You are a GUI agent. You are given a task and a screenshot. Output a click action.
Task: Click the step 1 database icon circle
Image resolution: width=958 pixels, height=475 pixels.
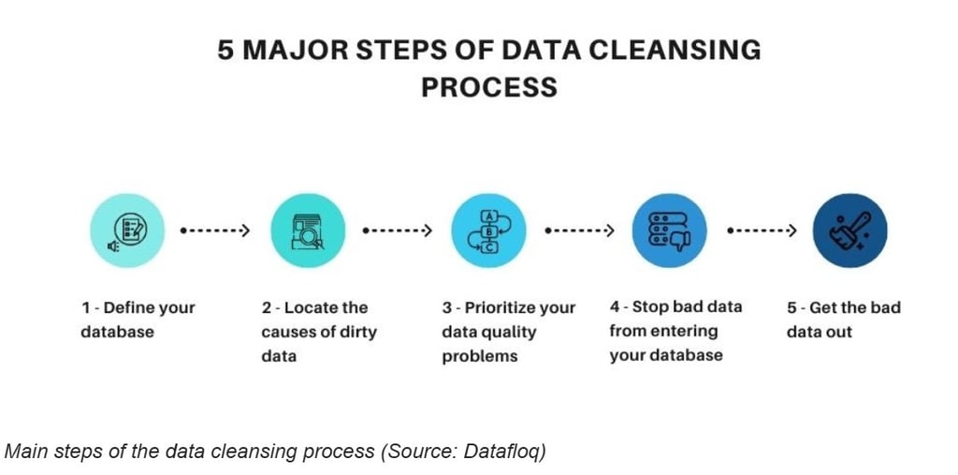[x=127, y=231]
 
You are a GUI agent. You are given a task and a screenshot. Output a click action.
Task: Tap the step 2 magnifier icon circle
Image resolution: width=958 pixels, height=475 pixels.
[x=308, y=231]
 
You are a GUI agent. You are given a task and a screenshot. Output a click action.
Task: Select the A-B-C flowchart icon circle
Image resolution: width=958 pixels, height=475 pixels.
[x=488, y=231]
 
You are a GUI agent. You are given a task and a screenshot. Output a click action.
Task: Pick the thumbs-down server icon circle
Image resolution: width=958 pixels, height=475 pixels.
[x=669, y=231]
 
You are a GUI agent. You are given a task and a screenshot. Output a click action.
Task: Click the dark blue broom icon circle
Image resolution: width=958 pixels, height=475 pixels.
[x=849, y=231]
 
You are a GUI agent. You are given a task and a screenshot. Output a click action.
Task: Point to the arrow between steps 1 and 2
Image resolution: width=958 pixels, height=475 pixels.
[x=215, y=231]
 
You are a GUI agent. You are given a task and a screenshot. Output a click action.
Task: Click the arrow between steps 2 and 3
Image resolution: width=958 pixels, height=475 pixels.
[x=397, y=231]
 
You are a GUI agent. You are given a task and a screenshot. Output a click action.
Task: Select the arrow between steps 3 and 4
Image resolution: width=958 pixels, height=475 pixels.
[x=578, y=231]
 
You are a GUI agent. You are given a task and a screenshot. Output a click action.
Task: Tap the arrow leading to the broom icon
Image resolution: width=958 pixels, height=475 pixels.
[x=761, y=231]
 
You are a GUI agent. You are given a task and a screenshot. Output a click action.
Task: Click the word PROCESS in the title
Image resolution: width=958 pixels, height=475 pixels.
[x=488, y=87]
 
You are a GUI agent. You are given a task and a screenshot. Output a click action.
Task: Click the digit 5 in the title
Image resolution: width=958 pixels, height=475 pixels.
[x=225, y=50]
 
